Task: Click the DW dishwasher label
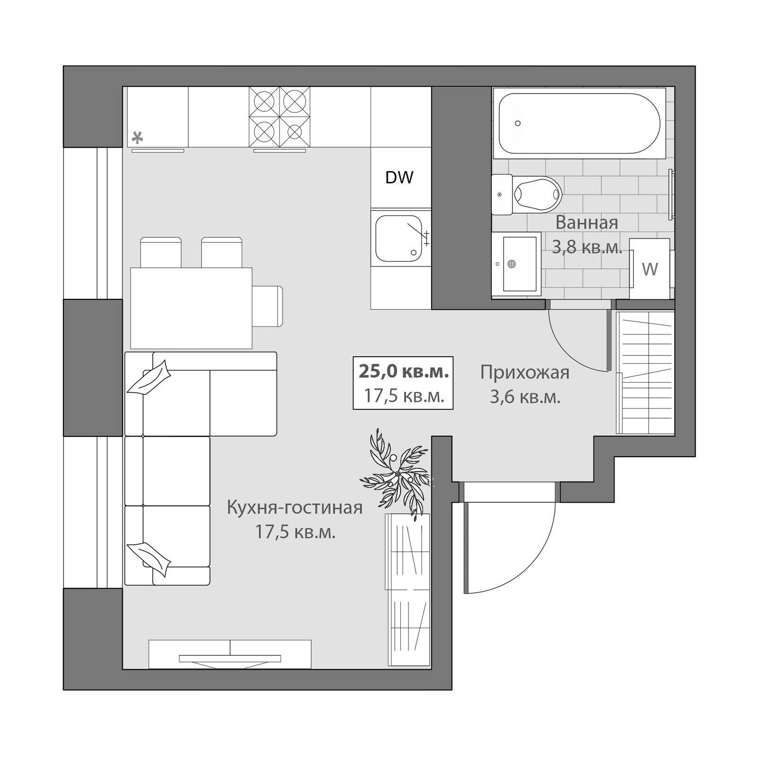[x=399, y=177]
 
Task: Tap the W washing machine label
[x=650, y=269]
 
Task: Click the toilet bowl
[x=527, y=194]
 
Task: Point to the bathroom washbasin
[x=516, y=264]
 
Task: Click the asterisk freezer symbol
[x=137, y=138]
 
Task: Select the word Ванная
[x=587, y=222]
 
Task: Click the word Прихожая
[x=525, y=373]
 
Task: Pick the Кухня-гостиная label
[x=295, y=508]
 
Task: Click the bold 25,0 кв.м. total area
[x=404, y=372]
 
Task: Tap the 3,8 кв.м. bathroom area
[x=587, y=247]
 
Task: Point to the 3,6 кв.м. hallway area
[x=525, y=397]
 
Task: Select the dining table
[x=191, y=308]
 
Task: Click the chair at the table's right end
[x=268, y=306]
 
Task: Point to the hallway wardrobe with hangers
[x=645, y=373]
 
